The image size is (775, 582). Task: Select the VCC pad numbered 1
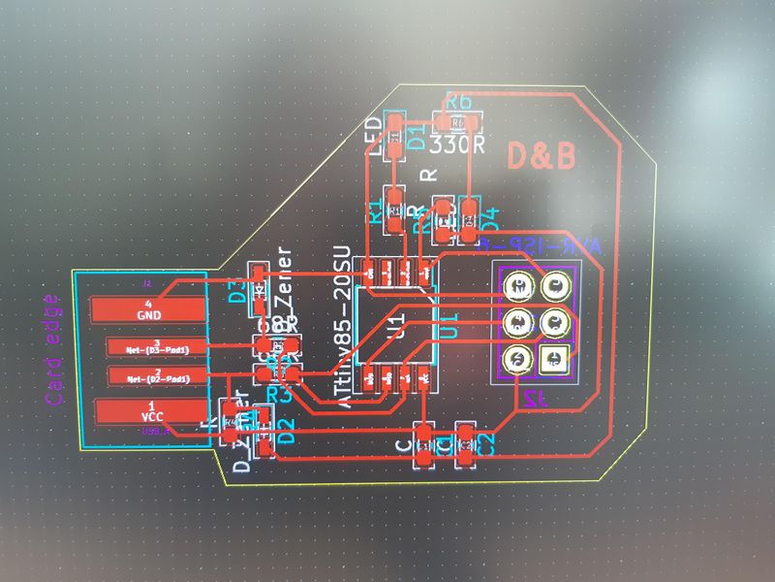click(x=150, y=411)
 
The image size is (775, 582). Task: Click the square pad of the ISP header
click(x=554, y=359)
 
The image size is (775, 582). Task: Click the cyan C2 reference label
click(x=489, y=444)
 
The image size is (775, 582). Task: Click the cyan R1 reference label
click(x=375, y=213)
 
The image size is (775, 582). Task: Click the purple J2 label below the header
click(x=531, y=399)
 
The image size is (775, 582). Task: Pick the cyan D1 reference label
click(x=417, y=137)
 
